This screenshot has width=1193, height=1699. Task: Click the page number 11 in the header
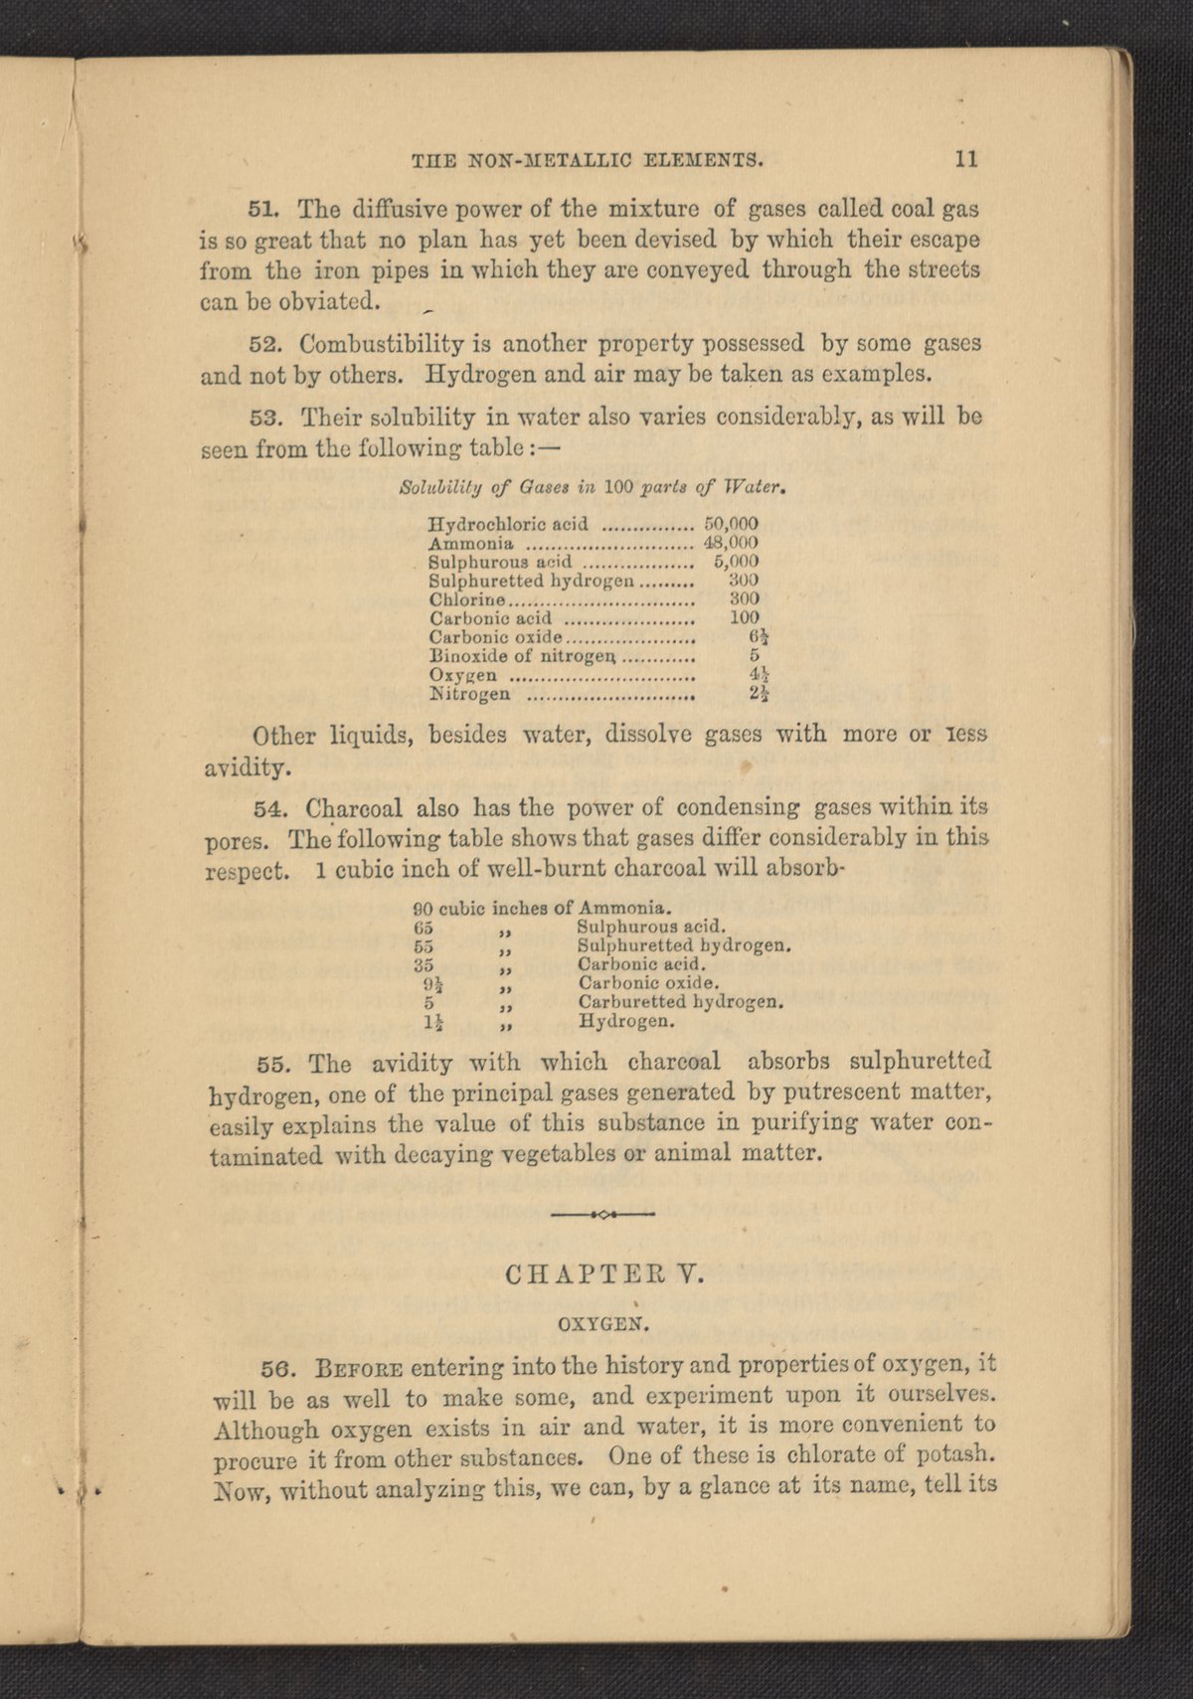point(966,158)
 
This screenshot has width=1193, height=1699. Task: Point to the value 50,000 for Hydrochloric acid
point(731,523)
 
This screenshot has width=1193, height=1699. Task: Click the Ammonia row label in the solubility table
point(470,543)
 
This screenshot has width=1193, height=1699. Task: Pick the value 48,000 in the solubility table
point(731,543)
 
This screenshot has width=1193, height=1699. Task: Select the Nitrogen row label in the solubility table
point(469,694)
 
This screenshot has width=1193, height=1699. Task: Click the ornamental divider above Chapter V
point(601,1214)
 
